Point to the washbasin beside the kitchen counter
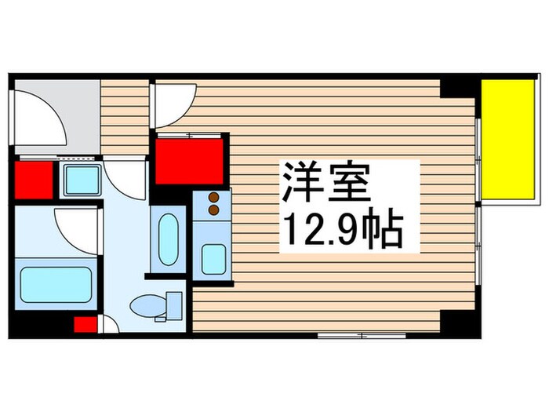168,240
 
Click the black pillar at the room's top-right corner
458,87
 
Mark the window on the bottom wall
361,335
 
